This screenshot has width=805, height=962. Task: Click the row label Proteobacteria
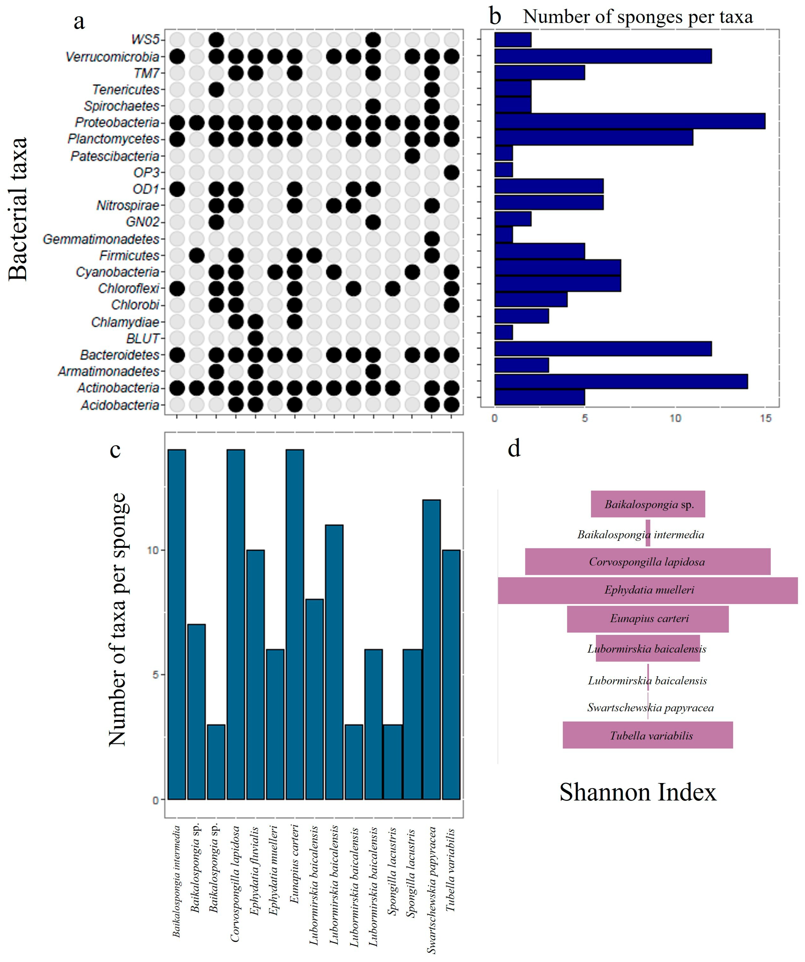pos(117,123)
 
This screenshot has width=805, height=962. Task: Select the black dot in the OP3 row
pos(452,173)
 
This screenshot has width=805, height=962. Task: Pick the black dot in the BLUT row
pos(255,338)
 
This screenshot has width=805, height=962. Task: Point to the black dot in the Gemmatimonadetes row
pos(432,239)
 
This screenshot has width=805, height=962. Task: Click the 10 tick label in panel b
pos(675,418)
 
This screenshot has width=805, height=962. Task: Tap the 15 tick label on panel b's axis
pos(766,418)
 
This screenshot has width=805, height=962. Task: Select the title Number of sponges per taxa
pos(638,17)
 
